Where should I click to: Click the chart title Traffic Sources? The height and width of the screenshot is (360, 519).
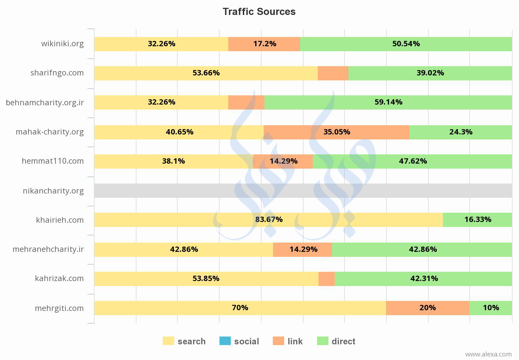259,12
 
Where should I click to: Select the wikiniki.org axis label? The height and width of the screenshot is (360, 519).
63,44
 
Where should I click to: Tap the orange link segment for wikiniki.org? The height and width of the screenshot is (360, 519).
264,44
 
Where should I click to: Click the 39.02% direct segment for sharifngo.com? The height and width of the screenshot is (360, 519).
430,73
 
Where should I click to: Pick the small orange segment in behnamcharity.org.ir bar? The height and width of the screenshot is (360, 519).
246,102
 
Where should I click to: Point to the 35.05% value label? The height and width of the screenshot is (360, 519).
337,132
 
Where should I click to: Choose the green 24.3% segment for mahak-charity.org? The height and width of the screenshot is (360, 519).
461,132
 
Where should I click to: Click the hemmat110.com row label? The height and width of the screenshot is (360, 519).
53,161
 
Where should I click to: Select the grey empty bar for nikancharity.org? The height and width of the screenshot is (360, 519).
303,191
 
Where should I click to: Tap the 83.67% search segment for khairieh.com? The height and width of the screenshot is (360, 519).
269,219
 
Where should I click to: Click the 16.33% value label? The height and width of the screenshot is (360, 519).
478,219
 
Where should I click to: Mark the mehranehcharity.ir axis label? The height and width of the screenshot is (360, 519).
48,249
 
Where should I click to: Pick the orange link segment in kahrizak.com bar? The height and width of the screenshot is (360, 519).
327,279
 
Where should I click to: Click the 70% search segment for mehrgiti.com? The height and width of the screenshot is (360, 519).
240,308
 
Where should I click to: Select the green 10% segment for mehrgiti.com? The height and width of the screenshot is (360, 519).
491,308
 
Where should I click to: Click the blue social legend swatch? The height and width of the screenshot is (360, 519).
225,341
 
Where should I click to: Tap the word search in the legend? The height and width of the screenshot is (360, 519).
192,342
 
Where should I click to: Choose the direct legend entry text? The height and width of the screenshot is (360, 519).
343,342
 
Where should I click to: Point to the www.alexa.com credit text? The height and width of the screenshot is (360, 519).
488,354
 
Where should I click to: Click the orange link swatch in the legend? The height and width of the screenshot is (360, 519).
279,341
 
